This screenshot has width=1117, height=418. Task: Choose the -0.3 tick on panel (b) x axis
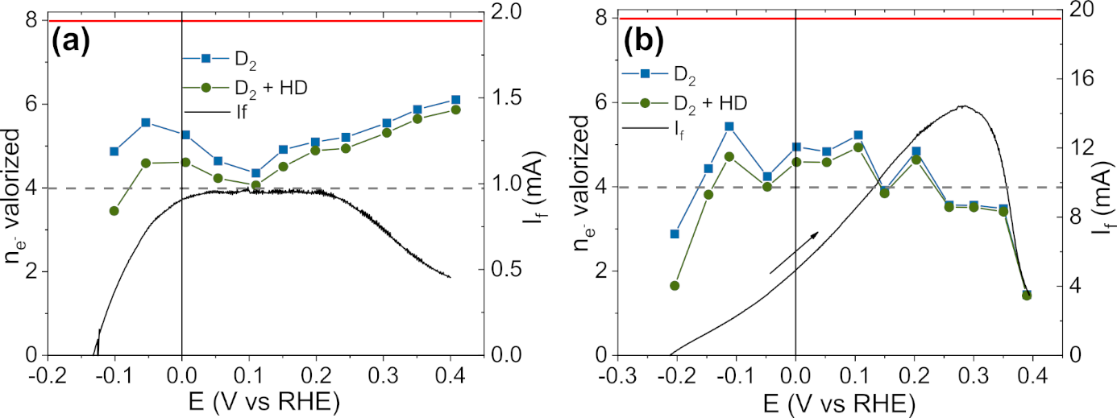619,379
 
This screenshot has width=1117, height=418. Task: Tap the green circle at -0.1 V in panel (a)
114,211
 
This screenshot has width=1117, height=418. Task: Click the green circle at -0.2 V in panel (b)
675,286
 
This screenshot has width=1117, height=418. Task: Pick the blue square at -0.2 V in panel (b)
675,234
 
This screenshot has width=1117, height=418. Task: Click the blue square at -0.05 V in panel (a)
146,122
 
